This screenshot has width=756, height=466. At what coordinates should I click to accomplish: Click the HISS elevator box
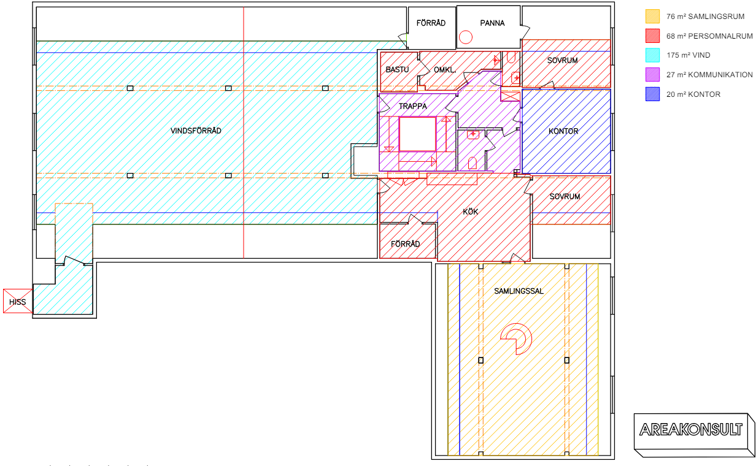(18, 301)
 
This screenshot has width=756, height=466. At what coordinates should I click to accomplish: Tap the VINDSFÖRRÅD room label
(196, 131)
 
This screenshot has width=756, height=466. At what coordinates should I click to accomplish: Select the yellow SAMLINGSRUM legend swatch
(652, 16)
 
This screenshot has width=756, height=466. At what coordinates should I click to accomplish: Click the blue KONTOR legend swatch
(652, 94)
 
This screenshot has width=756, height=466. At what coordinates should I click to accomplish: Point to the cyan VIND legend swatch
(652, 55)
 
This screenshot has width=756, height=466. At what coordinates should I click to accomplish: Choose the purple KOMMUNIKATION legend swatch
(652, 75)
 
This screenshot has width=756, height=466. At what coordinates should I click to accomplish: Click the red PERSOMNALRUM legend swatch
(652, 36)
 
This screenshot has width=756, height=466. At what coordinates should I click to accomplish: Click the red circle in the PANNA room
(466, 37)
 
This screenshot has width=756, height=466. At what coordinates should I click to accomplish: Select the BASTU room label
(397, 70)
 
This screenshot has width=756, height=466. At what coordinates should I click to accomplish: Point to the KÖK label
(471, 212)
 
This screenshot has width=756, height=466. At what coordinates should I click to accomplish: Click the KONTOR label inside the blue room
(563, 131)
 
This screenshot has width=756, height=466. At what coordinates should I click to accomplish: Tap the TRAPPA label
(413, 106)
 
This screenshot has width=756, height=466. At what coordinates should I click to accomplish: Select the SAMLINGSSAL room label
(519, 291)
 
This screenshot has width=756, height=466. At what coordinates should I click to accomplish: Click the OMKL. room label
(445, 70)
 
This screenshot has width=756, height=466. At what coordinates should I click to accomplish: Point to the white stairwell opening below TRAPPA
(417, 134)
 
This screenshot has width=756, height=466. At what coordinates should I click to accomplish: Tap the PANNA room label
(492, 23)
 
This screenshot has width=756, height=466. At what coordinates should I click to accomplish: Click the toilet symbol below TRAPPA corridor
(472, 163)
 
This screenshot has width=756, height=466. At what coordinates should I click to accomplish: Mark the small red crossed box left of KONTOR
(510, 96)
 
